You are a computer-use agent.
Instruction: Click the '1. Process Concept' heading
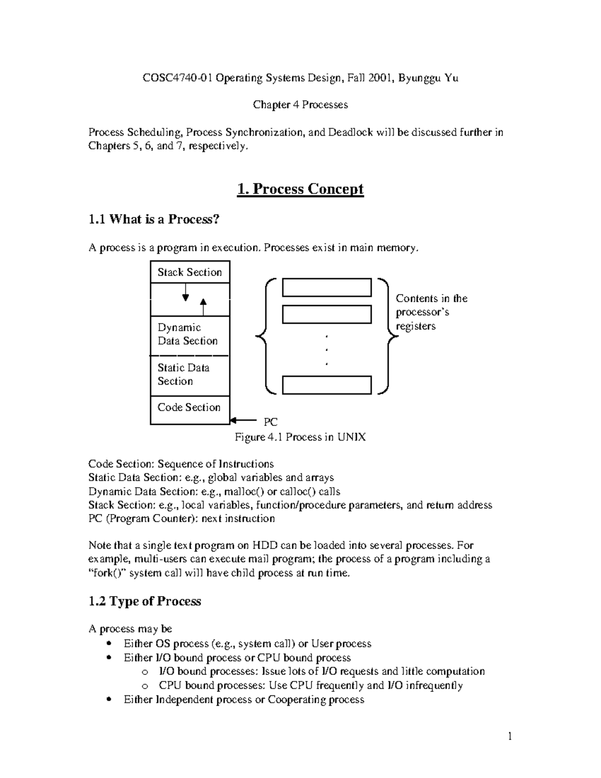[x=300, y=189]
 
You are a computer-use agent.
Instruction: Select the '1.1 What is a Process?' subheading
[x=154, y=219]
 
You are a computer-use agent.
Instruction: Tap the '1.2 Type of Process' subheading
[x=145, y=601]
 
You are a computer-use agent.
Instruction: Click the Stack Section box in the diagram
[x=190, y=272]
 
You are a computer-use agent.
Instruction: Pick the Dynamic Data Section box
[x=190, y=335]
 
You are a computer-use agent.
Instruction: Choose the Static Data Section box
[x=190, y=375]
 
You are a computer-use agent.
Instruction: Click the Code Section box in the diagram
[x=190, y=408]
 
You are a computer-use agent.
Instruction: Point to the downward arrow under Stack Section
[x=185, y=293]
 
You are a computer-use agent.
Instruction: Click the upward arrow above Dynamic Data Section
[x=203, y=306]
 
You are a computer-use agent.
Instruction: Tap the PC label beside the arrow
[x=270, y=422]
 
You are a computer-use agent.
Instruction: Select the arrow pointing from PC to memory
[x=243, y=421]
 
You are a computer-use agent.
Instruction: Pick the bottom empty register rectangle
[x=327, y=385]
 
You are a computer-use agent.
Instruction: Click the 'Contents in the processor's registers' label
[x=431, y=312]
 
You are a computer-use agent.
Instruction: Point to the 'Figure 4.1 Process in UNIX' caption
[x=300, y=437]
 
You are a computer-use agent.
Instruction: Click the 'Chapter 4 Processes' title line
[x=300, y=105]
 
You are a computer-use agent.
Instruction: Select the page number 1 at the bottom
[x=510, y=736]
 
